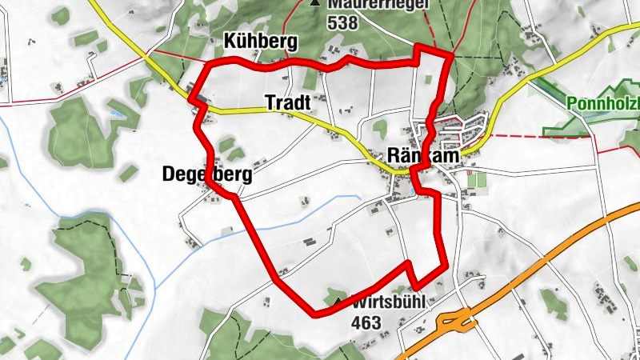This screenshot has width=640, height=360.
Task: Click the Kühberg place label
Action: pos(261,42)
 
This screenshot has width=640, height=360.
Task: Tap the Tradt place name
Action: pos(286,102)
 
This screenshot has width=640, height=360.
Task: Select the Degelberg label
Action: pos(206,174)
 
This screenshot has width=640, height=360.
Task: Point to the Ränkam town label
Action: pos(423,156)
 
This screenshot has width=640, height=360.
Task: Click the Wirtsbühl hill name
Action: pos(386,304)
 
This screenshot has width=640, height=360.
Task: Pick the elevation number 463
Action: pos(366,322)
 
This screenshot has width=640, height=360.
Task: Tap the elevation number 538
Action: pos(342,24)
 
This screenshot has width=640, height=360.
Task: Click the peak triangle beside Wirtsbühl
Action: pos(338,302)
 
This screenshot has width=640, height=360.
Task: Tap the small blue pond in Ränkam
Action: pos(410,192)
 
